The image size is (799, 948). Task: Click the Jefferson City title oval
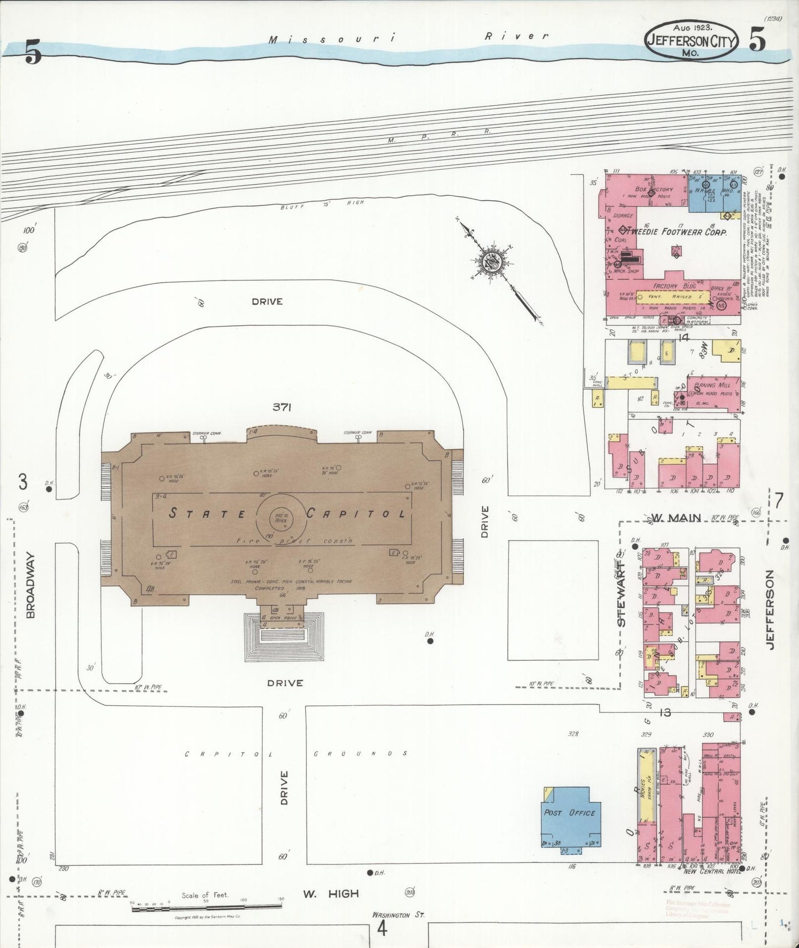tap(691, 40)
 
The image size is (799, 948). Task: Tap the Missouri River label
tap(409, 37)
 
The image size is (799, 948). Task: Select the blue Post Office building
tap(570, 816)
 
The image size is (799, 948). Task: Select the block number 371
tap(281, 407)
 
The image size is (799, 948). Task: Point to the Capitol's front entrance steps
tap(284, 636)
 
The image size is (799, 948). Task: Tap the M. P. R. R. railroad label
tap(439, 137)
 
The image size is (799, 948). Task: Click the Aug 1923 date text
tap(692, 27)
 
